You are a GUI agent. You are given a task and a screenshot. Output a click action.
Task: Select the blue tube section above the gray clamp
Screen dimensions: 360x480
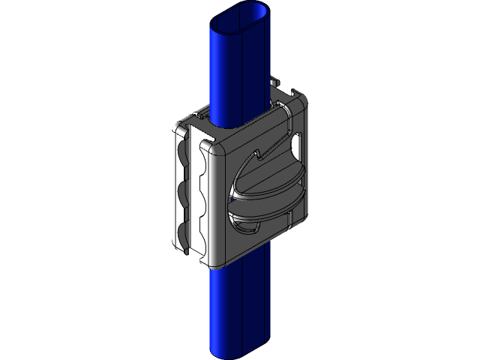pos(238,67)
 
